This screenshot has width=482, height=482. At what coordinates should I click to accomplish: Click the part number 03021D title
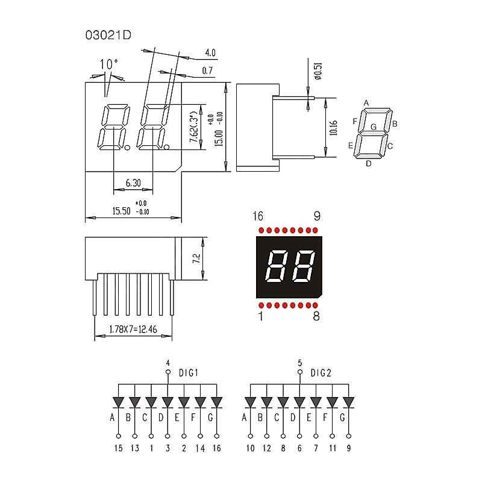(x=108, y=34)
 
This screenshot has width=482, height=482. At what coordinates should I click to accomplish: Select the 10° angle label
(x=108, y=64)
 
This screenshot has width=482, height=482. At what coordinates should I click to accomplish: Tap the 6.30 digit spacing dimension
(x=133, y=183)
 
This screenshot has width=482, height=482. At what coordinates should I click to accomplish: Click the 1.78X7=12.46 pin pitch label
(x=133, y=330)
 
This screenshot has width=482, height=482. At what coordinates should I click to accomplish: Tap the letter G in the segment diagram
(x=374, y=127)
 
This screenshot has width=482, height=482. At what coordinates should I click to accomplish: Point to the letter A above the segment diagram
(x=366, y=103)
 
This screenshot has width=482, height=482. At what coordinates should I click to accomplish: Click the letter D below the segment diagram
(x=369, y=163)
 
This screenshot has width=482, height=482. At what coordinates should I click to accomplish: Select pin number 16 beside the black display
(x=258, y=216)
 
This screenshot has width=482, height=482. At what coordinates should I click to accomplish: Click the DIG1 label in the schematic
(x=189, y=373)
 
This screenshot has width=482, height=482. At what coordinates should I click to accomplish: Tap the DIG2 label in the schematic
(x=321, y=373)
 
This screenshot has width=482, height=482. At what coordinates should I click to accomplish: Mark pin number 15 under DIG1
(x=118, y=448)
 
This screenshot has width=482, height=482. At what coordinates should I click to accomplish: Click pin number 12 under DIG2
(x=266, y=448)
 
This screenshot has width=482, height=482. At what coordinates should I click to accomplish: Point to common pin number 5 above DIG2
(x=300, y=363)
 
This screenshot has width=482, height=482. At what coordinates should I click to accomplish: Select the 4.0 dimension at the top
(x=210, y=52)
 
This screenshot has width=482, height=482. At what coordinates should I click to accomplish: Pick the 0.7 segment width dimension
(x=208, y=71)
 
